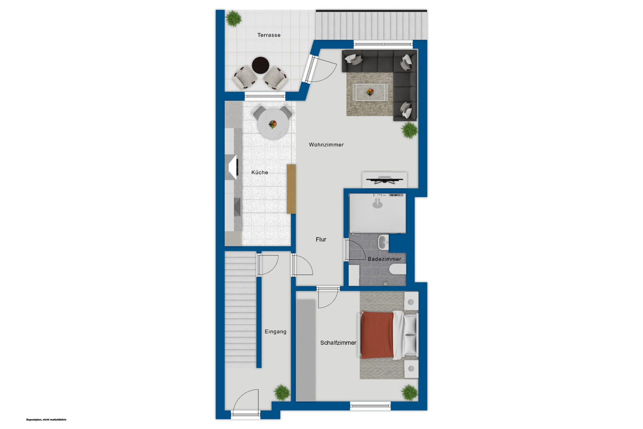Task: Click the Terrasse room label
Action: tap(269, 35)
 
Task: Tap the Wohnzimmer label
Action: tap(326, 145)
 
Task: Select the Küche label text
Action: tap(260, 172)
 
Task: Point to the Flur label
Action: tap(321, 239)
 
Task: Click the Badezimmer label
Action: tap(384, 259)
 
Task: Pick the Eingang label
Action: tap(275, 332)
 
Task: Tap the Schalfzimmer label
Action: tap(338, 343)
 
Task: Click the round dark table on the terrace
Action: tap(261, 65)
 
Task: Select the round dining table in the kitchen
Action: tap(273, 124)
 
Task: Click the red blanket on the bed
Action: tap(377, 335)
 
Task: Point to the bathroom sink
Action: tap(383, 242)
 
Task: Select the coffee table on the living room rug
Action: tap(370, 92)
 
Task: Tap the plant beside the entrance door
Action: tap(282, 393)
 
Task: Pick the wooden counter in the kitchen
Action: tap(291, 189)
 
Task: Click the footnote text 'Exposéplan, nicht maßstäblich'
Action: tap(46, 420)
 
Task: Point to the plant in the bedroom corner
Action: tap(409, 393)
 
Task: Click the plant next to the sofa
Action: tap(409, 130)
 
